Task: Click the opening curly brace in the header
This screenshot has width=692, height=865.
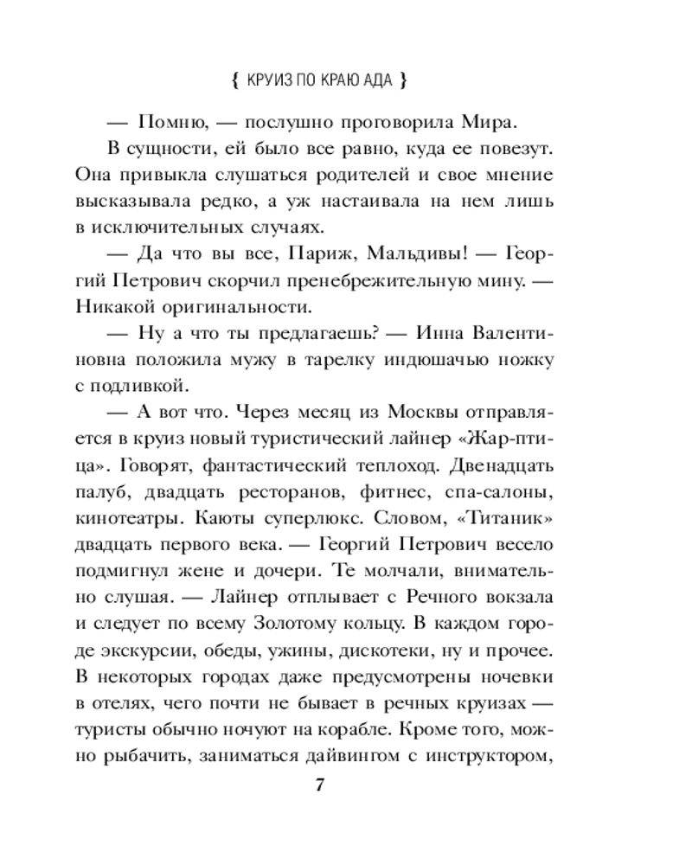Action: click(236, 83)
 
